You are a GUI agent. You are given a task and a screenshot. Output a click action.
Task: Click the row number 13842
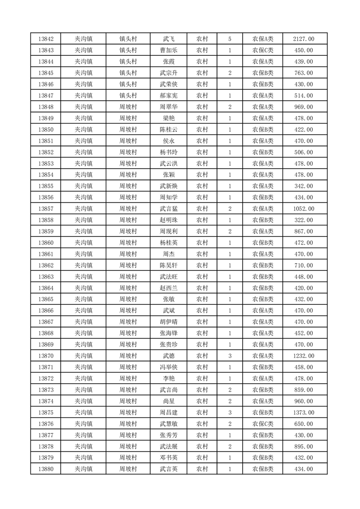(x=46, y=39)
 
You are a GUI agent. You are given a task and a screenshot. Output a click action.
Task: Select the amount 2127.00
(x=304, y=39)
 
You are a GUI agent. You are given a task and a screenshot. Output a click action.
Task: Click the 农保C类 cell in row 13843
(x=263, y=50)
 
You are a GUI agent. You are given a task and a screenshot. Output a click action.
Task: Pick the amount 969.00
(x=304, y=107)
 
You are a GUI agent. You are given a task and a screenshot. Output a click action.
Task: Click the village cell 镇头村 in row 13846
(x=128, y=84)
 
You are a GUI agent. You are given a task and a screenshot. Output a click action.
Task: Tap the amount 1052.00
(x=304, y=209)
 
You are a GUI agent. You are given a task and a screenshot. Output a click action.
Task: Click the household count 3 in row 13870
(x=230, y=356)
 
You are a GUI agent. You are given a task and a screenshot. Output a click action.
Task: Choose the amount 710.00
(x=304, y=265)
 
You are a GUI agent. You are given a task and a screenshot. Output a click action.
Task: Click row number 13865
(x=46, y=299)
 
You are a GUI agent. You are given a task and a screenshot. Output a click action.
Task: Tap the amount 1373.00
(x=304, y=413)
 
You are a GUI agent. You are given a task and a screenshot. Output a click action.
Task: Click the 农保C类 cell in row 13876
(x=263, y=424)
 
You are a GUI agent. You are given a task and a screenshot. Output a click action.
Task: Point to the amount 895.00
(x=304, y=447)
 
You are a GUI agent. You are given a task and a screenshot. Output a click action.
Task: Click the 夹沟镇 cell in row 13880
(x=84, y=470)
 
